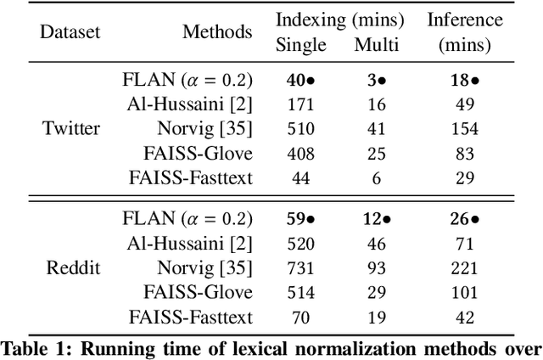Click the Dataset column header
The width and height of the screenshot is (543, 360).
click(x=71, y=32)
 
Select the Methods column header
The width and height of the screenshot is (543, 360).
click(x=217, y=32)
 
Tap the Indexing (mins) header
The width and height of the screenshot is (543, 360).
click(x=340, y=20)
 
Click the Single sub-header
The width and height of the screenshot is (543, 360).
click(x=300, y=44)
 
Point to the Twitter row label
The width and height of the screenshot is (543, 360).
click(x=71, y=130)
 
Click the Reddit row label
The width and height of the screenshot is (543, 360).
click(x=71, y=267)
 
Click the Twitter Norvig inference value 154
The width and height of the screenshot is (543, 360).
click(x=462, y=129)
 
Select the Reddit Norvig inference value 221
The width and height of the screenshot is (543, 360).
click(x=462, y=267)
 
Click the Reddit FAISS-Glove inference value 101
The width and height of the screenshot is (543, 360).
click(x=462, y=292)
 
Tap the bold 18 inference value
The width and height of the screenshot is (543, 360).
click(x=458, y=81)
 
